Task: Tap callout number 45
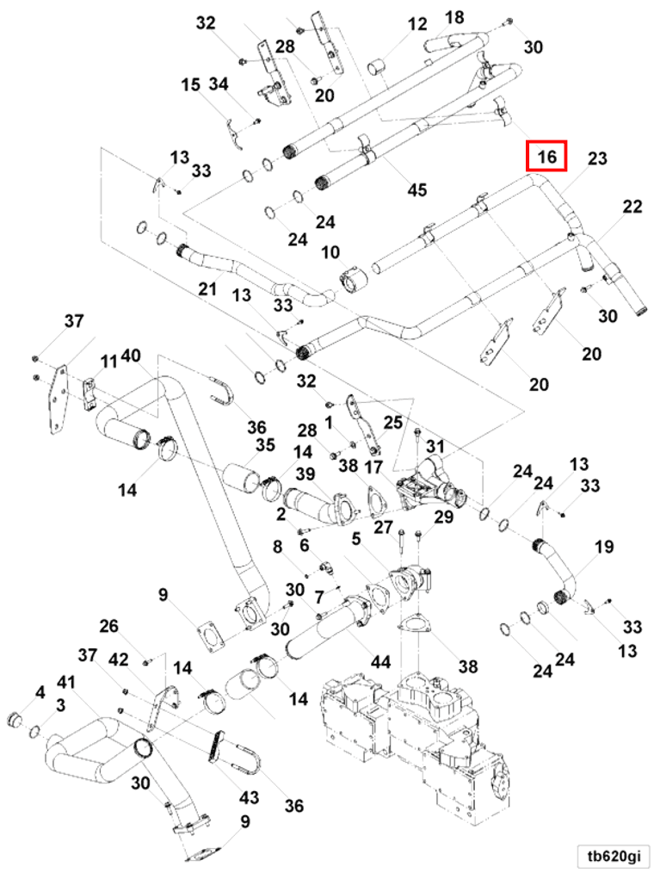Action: point(417,190)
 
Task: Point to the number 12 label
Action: point(417,24)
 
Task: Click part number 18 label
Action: point(454,17)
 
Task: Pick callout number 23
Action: point(597,158)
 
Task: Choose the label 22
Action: point(632,207)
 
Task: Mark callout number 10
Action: point(331,252)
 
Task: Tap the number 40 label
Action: point(131,356)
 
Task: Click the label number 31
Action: point(435,447)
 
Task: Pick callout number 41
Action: point(65,681)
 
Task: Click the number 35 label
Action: point(265,445)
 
